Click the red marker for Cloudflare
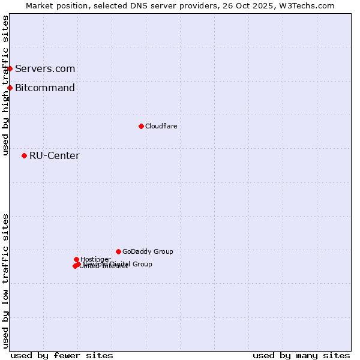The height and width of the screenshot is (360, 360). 142,126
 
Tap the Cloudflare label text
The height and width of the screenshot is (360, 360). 161,126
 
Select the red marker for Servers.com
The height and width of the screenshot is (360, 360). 10,68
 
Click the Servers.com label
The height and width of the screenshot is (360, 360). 45,68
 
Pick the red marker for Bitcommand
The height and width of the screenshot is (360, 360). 10,88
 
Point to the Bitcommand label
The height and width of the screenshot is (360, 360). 45,88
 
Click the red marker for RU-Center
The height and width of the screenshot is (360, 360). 24,156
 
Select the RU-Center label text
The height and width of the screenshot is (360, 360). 54,156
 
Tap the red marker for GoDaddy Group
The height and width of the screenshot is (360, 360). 118,251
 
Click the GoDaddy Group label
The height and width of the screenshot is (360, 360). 148,251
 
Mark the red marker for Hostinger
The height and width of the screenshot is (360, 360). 76,259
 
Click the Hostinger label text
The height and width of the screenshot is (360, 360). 95,259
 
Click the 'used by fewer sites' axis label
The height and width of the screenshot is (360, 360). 62,355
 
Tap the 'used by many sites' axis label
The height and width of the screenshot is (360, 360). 301,355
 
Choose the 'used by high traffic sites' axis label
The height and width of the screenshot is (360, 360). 5,85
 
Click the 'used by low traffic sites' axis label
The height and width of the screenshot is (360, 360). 5,281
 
